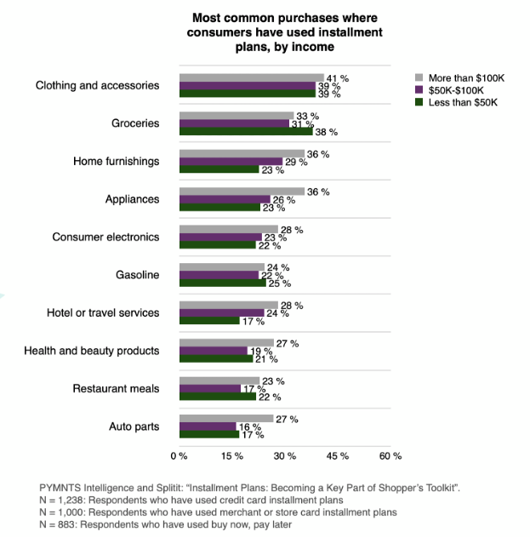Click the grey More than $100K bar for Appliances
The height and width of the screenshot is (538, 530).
pos(242,192)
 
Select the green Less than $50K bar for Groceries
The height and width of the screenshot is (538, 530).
pos(246,132)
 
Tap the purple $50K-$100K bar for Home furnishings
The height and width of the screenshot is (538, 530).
pos(231,161)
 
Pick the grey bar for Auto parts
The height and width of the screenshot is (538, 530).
pos(226,419)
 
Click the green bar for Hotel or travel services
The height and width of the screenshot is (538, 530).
pos(209,321)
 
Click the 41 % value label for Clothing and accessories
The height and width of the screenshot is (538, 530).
pos(339,78)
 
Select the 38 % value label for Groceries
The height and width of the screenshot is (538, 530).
pos(328,132)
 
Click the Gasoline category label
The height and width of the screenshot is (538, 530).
pos(137,275)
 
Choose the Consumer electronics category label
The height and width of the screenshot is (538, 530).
pos(105,237)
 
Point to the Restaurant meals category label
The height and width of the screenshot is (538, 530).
pos(117,388)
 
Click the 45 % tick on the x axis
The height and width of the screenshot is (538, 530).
pos(338,456)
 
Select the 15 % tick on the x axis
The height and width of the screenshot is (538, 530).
pos(232,456)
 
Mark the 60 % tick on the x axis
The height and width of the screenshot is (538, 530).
pos(390,456)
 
